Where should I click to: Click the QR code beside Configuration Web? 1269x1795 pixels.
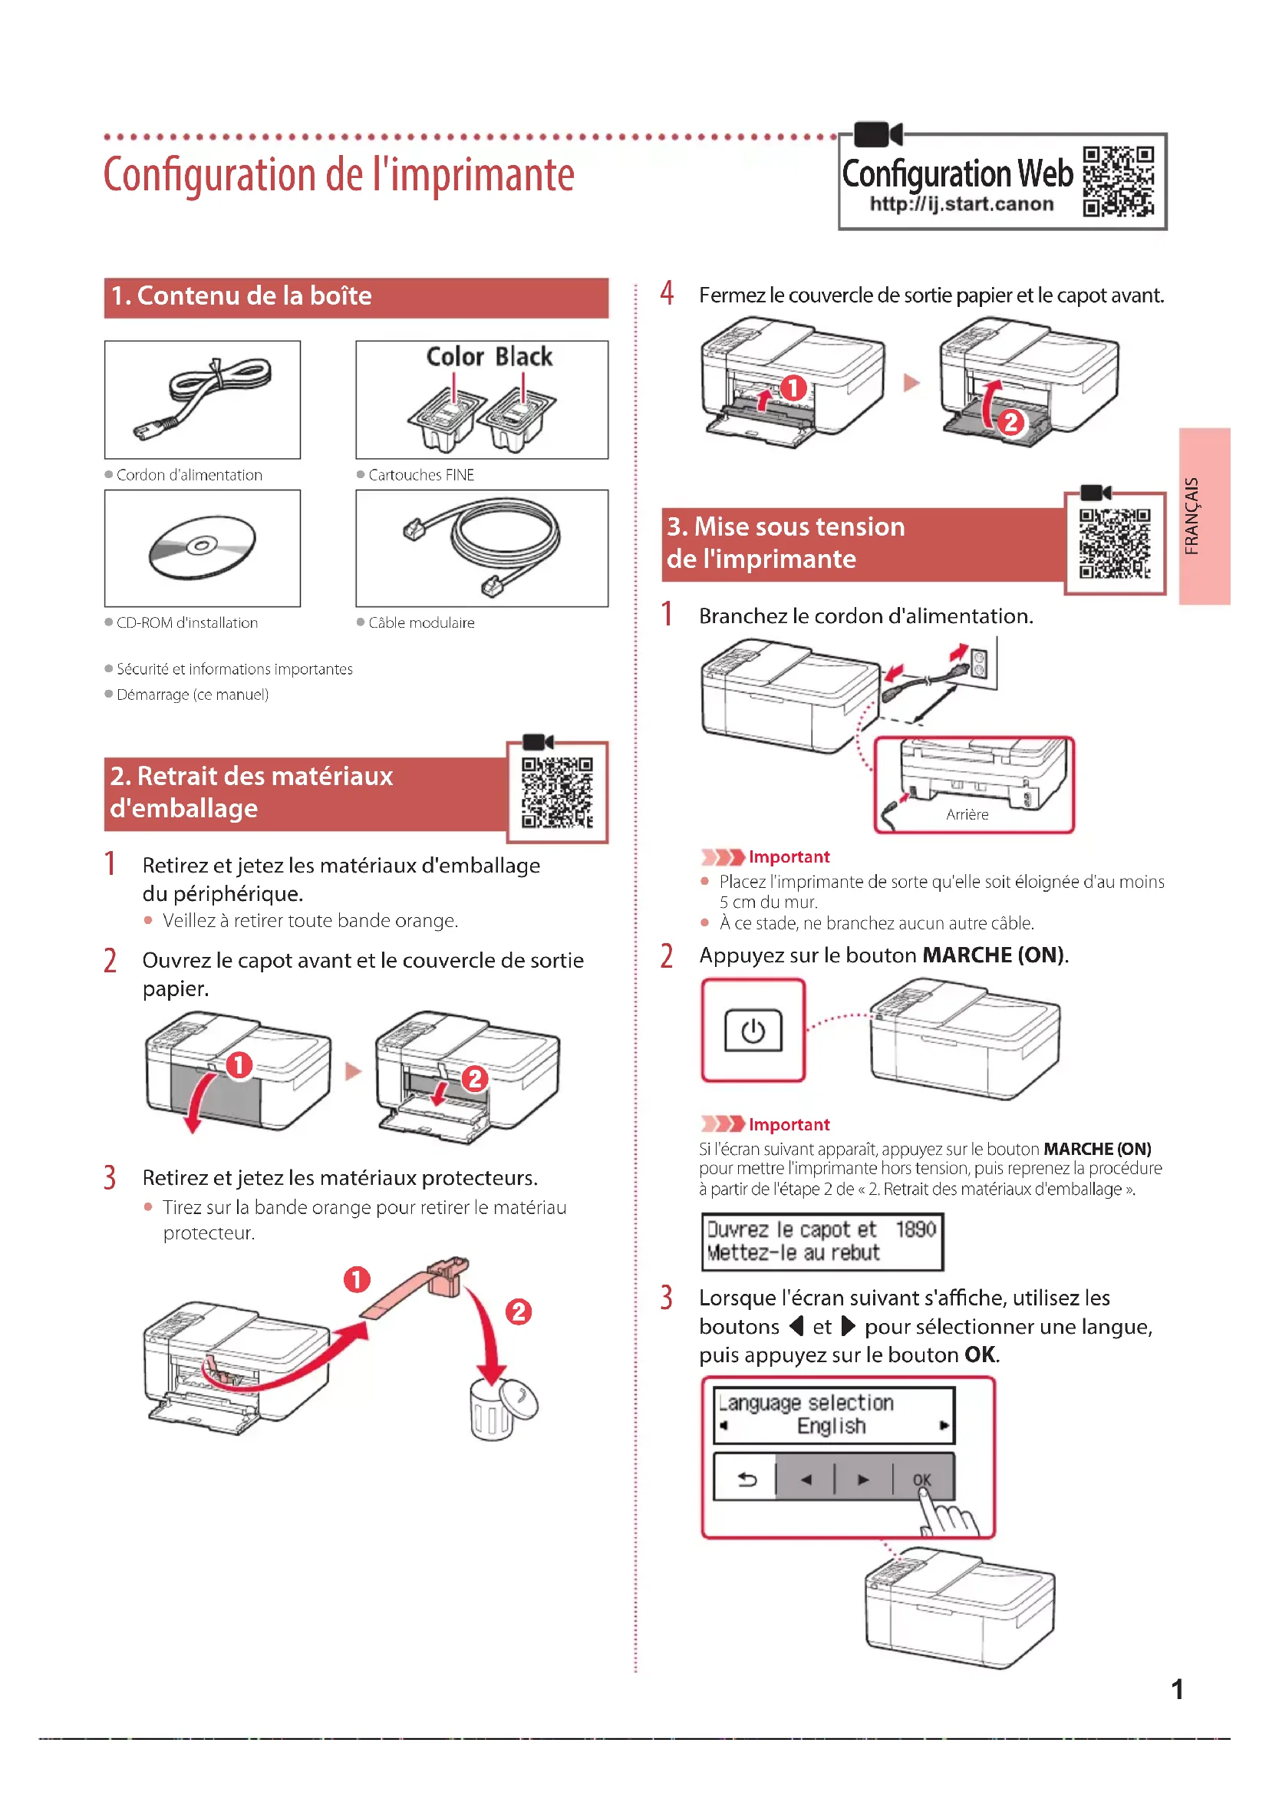[1118, 181]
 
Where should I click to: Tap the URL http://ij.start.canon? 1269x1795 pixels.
[961, 205]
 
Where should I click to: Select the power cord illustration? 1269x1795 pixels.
[203, 398]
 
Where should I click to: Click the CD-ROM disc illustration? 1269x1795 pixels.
[203, 546]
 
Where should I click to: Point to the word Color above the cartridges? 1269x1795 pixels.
[455, 358]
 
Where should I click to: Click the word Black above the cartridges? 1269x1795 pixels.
[523, 358]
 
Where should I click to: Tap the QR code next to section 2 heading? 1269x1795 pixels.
[557, 792]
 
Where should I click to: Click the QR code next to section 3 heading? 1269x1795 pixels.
[1115, 543]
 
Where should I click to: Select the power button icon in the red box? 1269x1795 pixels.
[753, 1031]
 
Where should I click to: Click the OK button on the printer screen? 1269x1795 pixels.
[922, 1479]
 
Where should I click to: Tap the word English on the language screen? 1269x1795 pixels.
[832, 1426]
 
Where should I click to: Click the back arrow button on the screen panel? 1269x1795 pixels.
[747, 1479]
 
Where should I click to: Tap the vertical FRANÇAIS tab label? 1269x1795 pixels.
[1192, 516]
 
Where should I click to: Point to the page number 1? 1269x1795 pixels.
[1177, 1689]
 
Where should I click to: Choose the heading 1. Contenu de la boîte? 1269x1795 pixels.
[242, 296]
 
